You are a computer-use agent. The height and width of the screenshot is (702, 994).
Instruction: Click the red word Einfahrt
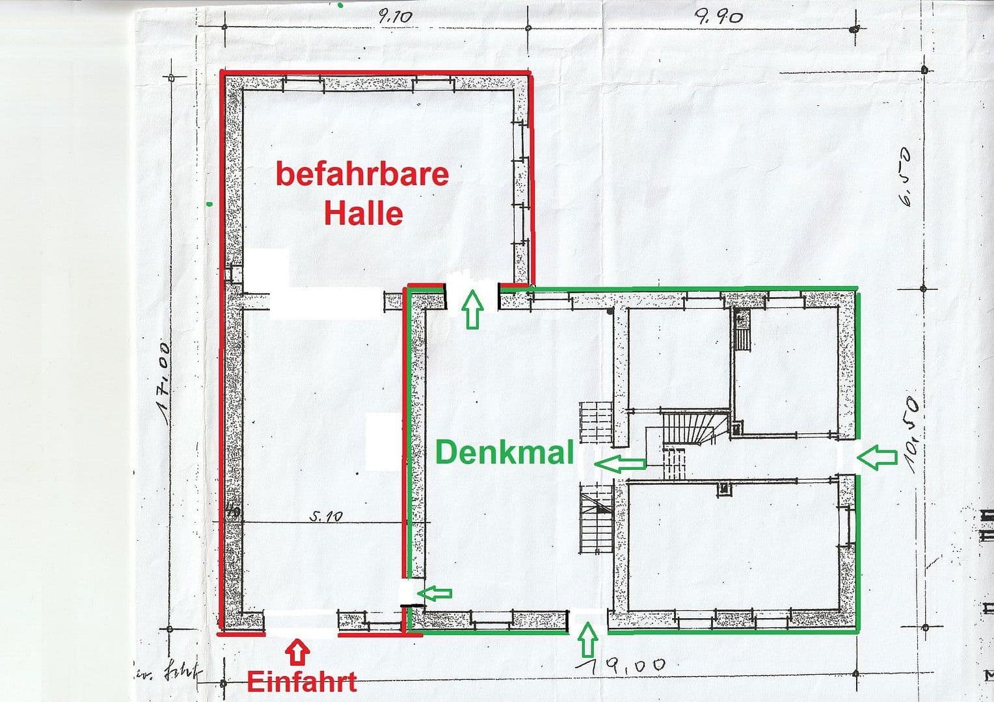coord(302,682)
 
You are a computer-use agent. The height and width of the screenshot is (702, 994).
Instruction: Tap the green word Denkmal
coord(504,452)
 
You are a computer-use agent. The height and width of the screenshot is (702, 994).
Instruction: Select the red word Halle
coord(364,213)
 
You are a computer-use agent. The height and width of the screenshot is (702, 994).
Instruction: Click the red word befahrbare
coord(362,174)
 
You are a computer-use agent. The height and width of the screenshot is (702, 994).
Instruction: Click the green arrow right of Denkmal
coord(621,463)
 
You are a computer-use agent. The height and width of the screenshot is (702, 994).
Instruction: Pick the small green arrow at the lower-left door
coord(435,592)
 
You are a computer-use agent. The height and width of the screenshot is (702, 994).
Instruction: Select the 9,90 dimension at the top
coord(719,17)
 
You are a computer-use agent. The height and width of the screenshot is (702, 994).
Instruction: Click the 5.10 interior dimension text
coord(326,517)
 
